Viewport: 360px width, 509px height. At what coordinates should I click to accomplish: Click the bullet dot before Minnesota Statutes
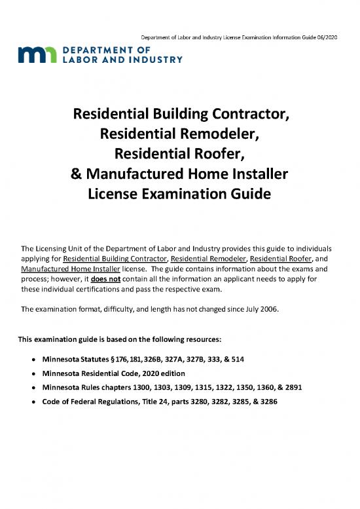pyautogui.click(x=32, y=360)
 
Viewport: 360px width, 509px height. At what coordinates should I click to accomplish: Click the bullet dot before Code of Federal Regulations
pyautogui.click(x=32, y=401)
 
